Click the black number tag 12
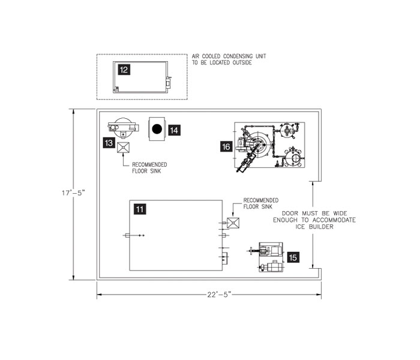click(x=123, y=70)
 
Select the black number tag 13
click(x=109, y=143)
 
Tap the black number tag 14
click(x=174, y=129)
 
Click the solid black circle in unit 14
click(x=157, y=128)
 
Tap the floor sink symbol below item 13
click(x=124, y=148)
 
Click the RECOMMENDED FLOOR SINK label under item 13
click(x=149, y=167)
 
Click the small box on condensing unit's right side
click(x=169, y=82)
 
